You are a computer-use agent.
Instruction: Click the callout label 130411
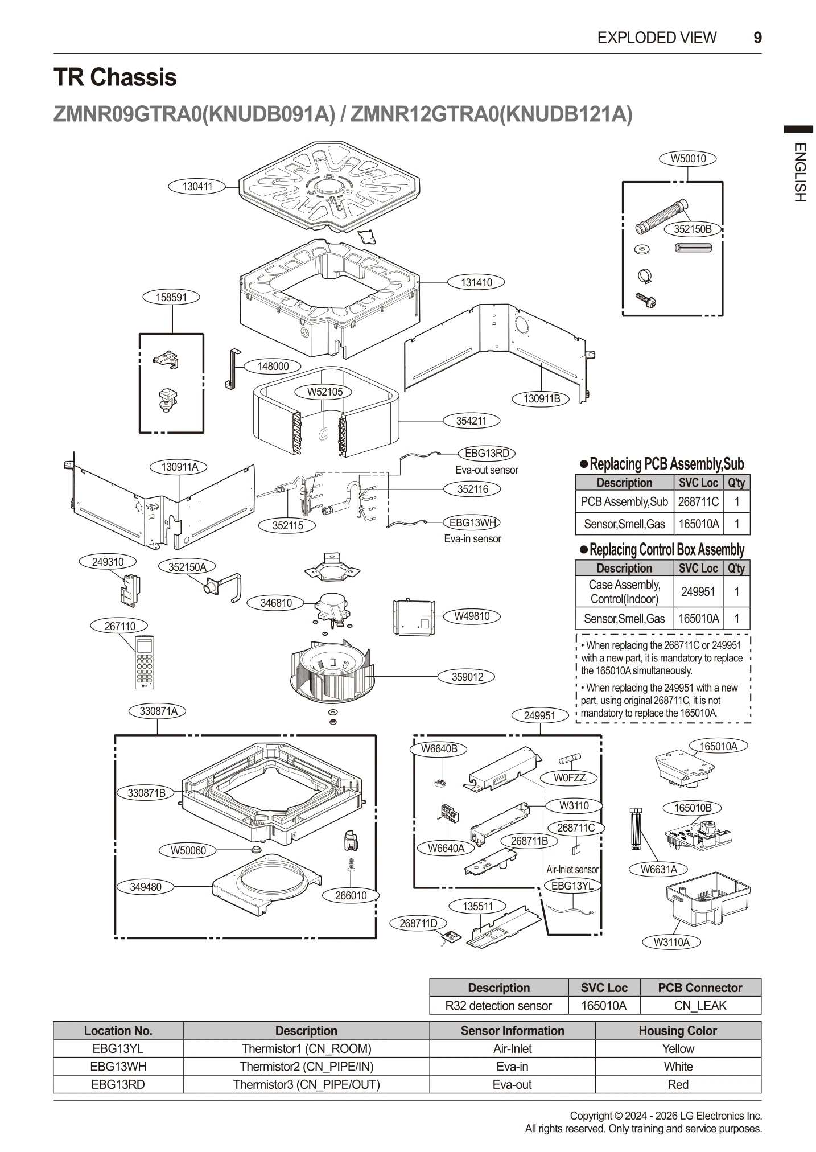point(197,186)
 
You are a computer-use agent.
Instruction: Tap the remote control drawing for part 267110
point(145,661)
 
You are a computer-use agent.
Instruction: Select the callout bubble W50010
point(687,159)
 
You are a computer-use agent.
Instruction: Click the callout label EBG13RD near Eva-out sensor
point(487,454)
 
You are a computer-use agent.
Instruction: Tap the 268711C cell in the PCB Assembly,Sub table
point(698,502)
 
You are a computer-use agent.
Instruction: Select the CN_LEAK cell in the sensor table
point(700,1006)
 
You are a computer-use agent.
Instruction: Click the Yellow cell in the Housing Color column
point(678,1048)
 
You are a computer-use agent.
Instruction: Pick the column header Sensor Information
point(512,1031)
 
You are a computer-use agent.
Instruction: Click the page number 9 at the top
point(757,38)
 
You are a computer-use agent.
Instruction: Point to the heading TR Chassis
point(115,77)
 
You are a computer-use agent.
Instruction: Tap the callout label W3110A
point(671,942)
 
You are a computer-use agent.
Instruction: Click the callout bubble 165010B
point(693,808)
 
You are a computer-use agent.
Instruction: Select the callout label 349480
point(145,887)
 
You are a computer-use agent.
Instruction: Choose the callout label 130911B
point(542,399)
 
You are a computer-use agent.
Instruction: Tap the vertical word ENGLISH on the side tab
point(799,172)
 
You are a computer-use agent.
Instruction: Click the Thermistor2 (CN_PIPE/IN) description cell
point(306,1067)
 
